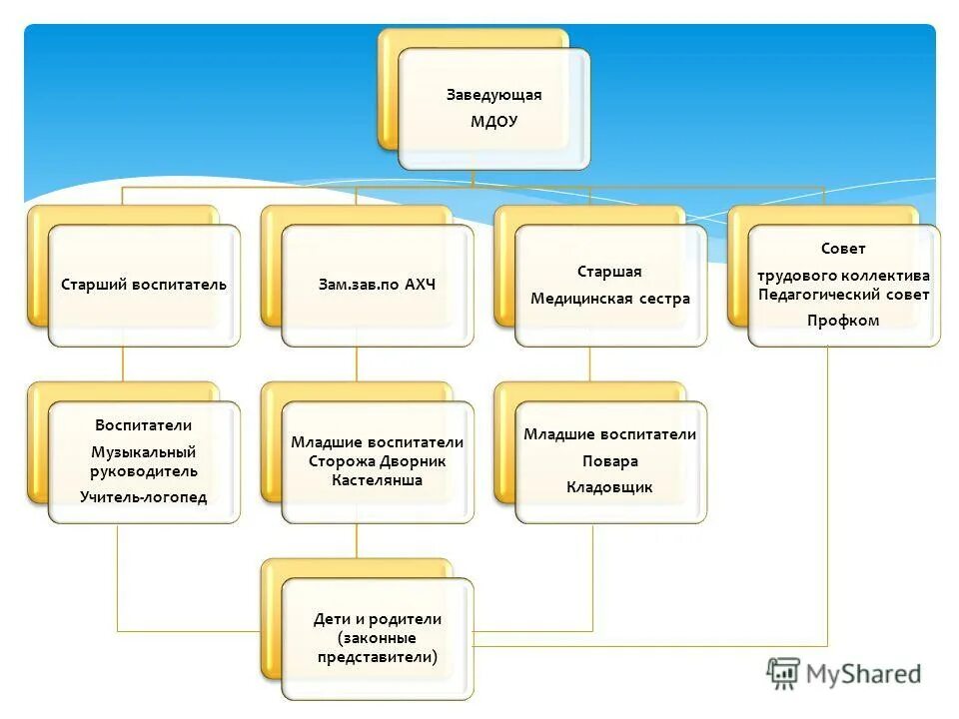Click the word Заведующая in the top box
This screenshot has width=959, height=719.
(493, 95)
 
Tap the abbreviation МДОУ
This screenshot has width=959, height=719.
(493, 122)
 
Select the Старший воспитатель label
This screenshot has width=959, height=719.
(144, 285)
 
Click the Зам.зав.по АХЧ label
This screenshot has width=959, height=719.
(377, 285)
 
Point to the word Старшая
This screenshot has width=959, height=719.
(609, 272)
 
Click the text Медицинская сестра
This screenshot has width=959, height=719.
(609, 299)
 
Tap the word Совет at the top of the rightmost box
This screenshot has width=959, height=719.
(843, 249)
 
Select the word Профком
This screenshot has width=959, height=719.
(843, 321)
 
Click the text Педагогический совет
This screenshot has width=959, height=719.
(843, 295)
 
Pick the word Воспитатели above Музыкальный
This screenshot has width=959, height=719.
(144, 425)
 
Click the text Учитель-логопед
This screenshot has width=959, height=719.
(144, 496)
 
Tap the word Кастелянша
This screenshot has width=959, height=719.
(377, 480)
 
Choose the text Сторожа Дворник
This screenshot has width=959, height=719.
(377, 461)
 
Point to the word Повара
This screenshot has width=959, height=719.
(609, 461)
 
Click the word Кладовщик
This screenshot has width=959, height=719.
(609, 487)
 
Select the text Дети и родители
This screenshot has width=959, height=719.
(377, 619)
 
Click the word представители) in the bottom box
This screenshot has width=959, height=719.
(377, 657)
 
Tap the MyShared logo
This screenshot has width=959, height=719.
(844, 673)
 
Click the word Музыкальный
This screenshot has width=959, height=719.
(144, 452)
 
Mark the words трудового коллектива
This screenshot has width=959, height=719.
(843, 276)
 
